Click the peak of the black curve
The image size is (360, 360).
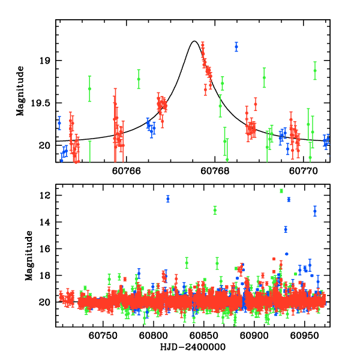[194, 41]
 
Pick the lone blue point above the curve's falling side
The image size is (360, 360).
[236, 46]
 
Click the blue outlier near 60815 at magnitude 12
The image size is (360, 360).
[168, 199]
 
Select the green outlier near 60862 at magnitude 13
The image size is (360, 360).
[215, 210]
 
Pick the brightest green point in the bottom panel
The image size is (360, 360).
[281, 191]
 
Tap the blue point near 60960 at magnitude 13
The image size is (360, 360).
[315, 211]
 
